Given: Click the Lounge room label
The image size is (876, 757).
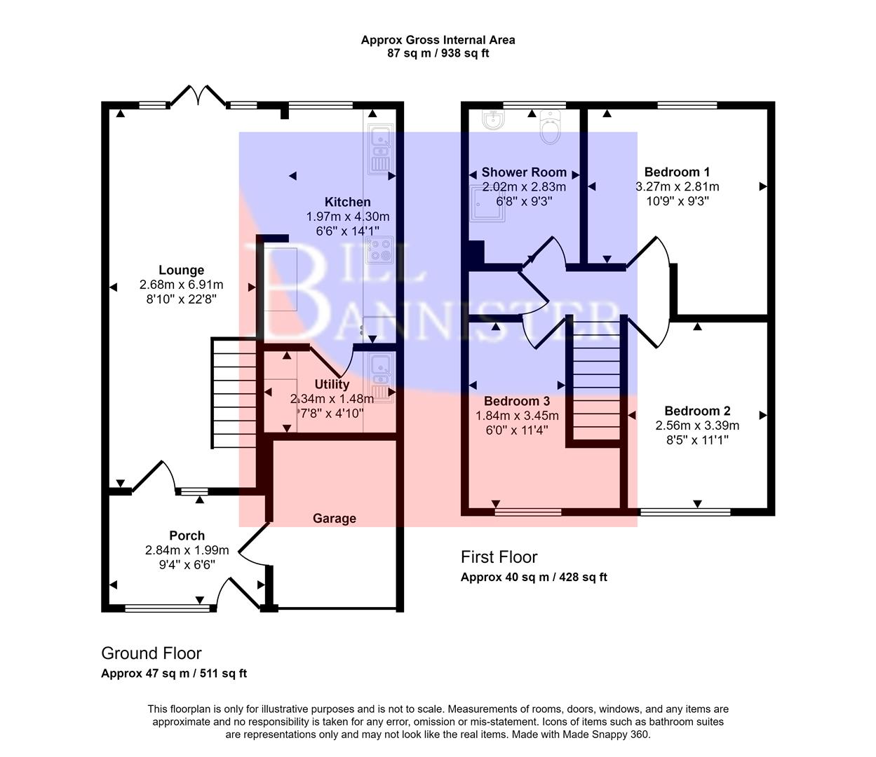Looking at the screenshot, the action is point(181,270).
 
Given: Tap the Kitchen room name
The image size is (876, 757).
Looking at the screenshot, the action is point(347,202).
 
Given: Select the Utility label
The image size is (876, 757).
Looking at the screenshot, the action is point(332,384).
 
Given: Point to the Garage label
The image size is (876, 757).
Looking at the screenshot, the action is point(334,518).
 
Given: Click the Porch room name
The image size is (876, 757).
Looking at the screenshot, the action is point(187,536).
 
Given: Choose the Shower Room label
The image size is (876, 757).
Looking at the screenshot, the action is point(523,172).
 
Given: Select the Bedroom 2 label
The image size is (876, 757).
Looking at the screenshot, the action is point(697,411).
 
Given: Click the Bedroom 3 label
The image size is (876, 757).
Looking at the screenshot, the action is point(517,401).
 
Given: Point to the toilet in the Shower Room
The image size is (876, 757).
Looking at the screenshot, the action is point(552,128).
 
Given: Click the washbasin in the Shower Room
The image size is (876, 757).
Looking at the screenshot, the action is point(494,121).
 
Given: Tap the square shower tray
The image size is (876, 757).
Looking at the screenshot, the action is point(487,203).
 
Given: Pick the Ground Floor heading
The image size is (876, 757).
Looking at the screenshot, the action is point(151,653).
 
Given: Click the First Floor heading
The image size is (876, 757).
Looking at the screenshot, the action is point(499,557).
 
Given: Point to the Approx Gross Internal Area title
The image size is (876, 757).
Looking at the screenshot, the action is point(438,40).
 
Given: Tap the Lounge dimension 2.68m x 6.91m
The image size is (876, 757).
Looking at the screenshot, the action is point(181,285).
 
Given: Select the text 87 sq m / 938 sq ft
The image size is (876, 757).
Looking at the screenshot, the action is point(438,53).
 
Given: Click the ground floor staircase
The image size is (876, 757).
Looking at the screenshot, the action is point(235,393).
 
